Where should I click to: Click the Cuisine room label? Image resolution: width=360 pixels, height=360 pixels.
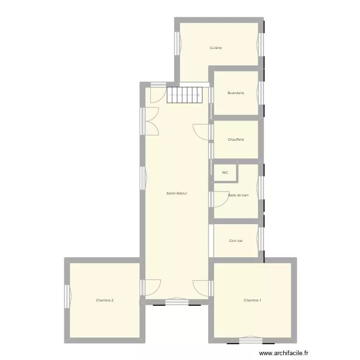pyautogui.click(x=216, y=48)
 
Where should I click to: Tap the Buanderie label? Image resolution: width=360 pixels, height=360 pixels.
pyautogui.click(x=236, y=93)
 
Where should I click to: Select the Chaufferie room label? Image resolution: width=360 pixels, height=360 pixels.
pyautogui.click(x=236, y=140)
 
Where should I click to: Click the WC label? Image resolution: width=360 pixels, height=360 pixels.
pyautogui.click(x=225, y=173)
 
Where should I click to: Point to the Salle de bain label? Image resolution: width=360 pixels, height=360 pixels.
pyautogui.click(x=239, y=195)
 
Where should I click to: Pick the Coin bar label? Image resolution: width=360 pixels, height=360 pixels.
pyautogui.click(x=236, y=241)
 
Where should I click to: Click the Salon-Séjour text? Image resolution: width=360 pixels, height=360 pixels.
pyautogui.click(x=177, y=193)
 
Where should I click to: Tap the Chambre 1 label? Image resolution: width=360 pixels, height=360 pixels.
pyautogui.click(x=252, y=300)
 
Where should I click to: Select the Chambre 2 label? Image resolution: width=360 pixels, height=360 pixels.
pyautogui.click(x=105, y=300)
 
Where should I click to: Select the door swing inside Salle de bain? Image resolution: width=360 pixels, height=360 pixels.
pyautogui.click(x=221, y=199)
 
